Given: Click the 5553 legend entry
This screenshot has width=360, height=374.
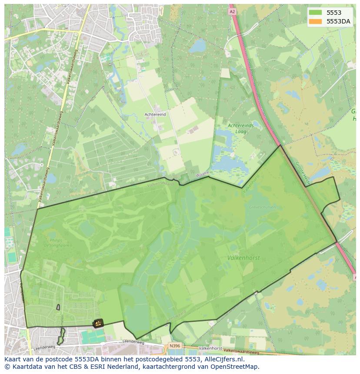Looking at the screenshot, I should click(x=333, y=13).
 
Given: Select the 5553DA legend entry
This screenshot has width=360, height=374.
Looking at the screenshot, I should click(x=338, y=21).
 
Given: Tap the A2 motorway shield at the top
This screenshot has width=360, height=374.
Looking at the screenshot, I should click(x=232, y=12).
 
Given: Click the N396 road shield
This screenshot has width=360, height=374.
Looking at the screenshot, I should click(x=174, y=346).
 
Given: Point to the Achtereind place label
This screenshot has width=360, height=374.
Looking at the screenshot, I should click(x=155, y=114).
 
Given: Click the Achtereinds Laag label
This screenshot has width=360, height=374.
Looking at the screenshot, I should click(x=240, y=129).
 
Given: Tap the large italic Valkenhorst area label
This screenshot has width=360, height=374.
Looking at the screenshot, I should click(x=243, y=258).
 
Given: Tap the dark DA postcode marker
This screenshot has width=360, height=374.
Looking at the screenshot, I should click(x=98, y=323).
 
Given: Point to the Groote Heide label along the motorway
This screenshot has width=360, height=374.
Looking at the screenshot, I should click(x=301, y=173).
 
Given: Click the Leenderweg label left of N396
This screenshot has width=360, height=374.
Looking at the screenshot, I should click(x=133, y=342).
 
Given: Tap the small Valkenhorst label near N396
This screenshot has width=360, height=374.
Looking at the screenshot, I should click(x=210, y=348).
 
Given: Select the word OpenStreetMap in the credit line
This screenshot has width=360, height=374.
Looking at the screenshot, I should click(x=235, y=367).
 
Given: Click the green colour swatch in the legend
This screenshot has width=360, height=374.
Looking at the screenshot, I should click(x=315, y=13).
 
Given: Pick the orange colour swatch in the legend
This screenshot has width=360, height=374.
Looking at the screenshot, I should click(x=315, y=21).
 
